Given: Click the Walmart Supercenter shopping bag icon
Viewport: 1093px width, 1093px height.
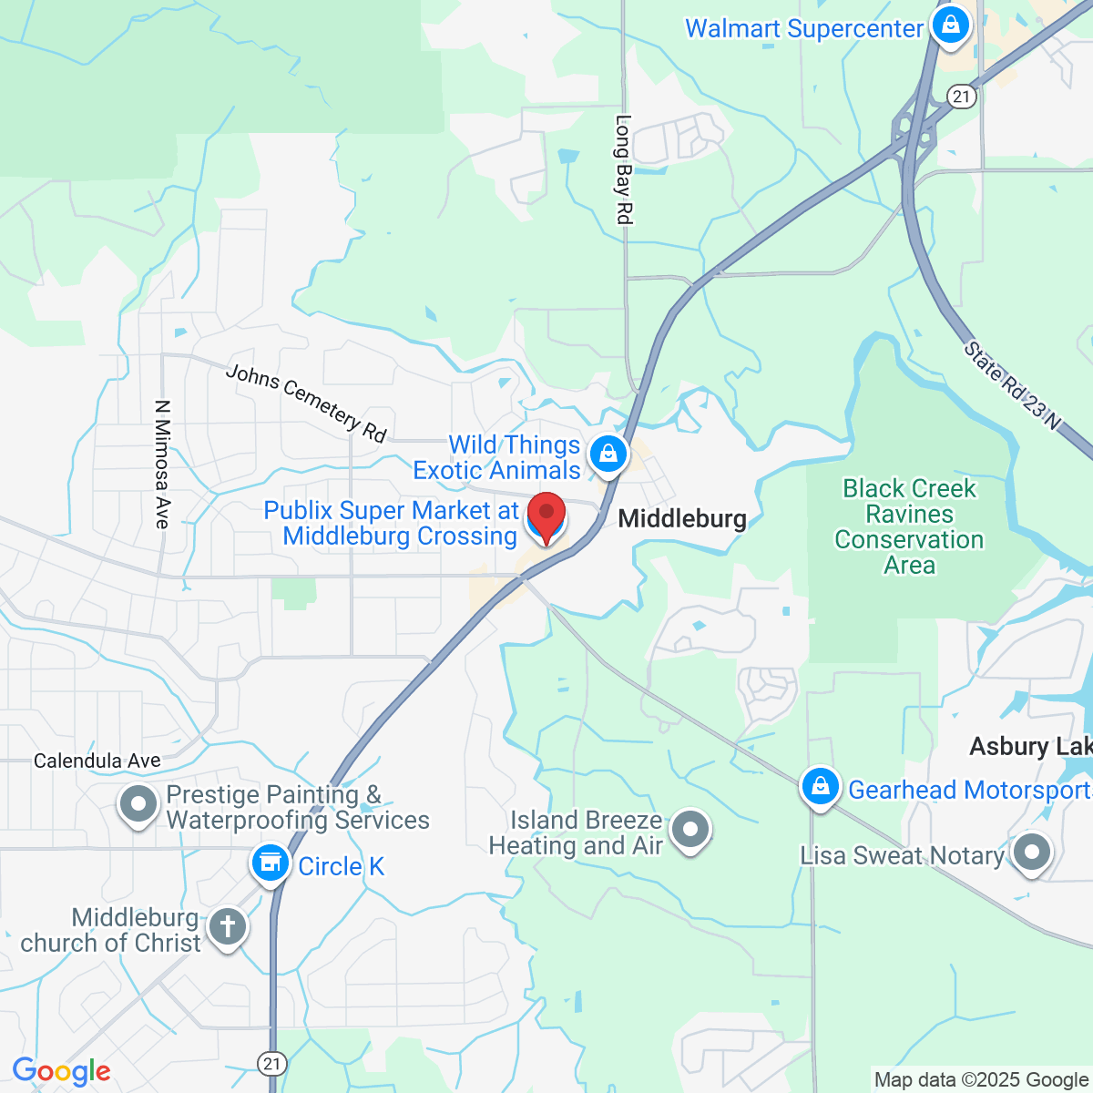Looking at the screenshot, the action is tap(951, 26).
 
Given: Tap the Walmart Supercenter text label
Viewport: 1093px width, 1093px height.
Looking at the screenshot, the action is tap(803, 29).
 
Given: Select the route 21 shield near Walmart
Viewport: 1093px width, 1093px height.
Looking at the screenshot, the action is tap(961, 96).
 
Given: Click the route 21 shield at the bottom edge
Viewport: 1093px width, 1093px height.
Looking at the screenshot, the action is tap(271, 1062).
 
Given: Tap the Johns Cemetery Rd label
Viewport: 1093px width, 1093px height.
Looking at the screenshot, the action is tap(306, 403).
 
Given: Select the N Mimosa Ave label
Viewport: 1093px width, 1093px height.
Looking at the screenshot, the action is tap(162, 464).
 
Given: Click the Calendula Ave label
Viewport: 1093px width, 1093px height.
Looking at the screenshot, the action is tap(97, 761).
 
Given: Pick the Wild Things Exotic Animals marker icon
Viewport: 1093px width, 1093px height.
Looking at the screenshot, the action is tap(608, 453).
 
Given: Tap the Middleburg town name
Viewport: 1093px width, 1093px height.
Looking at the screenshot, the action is tap(682, 519).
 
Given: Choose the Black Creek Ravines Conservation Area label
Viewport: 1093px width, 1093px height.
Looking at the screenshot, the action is tap(909, 527).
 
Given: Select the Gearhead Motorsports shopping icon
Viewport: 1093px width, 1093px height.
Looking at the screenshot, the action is tap(820, 785).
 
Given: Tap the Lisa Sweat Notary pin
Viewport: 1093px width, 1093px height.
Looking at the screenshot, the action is tap(1031, 853).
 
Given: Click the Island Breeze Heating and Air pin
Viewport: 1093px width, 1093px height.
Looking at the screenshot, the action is tap(690, 830).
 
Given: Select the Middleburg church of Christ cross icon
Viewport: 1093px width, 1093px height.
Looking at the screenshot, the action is tap(227, 927).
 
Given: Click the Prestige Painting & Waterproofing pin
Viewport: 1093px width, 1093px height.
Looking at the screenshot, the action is tap(138, 804).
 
